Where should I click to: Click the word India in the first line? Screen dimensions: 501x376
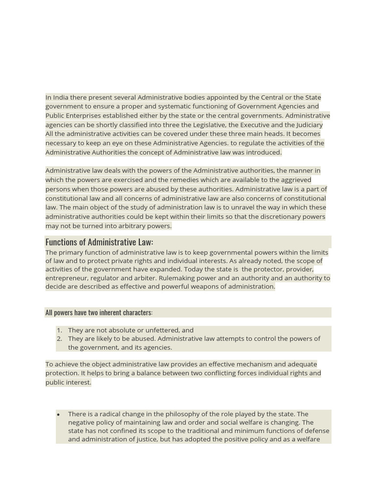[x=61, y=97]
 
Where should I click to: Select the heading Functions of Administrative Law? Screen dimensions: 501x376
[x=99, y=242]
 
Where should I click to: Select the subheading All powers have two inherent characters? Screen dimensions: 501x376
[x=98, y=313]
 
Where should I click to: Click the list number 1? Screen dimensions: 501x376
[x=59, y=330]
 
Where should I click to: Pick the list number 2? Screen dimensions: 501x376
[x=59, y=339]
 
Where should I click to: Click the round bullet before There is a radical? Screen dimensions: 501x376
[x=58, y=414]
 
